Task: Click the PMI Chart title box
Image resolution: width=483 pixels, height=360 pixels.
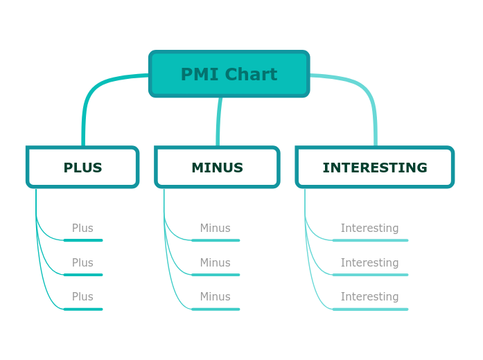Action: (229, 73)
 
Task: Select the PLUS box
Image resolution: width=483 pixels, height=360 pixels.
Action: (82, 168)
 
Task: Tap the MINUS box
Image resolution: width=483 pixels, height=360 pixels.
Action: (217, 168)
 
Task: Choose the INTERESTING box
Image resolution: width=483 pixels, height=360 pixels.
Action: (374, 168)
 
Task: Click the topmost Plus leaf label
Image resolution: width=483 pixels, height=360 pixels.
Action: (82, 228)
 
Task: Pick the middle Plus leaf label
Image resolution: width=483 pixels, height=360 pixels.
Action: (82, 263)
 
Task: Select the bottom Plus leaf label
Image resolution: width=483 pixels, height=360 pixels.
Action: (82, 297)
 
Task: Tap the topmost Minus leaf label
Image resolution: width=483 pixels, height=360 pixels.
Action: (215, 228)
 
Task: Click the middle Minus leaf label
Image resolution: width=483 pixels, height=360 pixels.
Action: (215, 263)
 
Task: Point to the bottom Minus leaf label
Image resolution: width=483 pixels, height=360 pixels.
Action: (215, 297)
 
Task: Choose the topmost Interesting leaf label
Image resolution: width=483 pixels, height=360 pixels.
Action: (369, 228)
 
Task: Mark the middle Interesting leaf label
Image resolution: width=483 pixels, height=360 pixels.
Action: (369, 263)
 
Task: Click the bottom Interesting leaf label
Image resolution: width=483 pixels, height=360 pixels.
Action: (369, 297)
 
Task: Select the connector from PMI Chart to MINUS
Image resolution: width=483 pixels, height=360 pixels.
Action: (219, 121)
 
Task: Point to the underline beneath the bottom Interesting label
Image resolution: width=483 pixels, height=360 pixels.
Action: (370, 309)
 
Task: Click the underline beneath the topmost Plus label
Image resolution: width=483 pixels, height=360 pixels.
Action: (83, 240)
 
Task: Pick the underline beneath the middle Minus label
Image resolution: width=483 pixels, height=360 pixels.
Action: (216, 275)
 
